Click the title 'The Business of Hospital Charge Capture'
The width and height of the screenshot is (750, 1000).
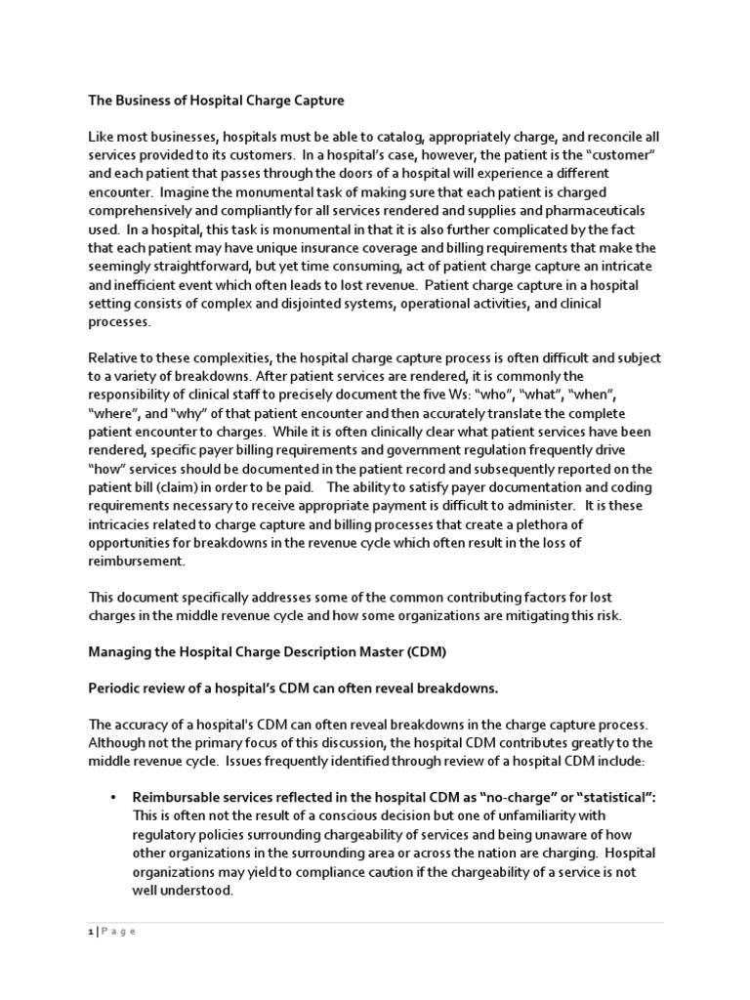point(217,100)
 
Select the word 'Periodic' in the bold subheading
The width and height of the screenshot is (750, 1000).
point(116,689)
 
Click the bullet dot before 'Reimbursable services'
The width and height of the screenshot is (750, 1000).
point(114,798)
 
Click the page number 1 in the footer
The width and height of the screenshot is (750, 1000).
point(89,931)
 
